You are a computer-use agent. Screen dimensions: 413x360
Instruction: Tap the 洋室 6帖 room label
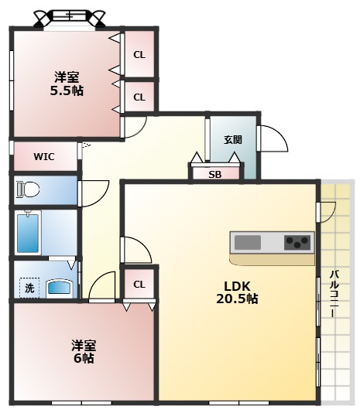coord(84,351)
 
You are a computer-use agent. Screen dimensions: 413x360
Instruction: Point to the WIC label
coord(43,155)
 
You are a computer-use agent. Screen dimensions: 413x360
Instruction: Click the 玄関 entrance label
coord(233,140)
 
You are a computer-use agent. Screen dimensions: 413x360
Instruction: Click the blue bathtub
coord(29,232)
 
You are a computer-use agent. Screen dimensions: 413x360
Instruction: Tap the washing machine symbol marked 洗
coord(29,288)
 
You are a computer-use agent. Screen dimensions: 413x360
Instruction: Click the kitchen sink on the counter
coord(248,242)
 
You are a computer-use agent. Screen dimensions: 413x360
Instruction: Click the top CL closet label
coord(139,54)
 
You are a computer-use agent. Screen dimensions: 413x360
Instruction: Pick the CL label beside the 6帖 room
coord(139,284)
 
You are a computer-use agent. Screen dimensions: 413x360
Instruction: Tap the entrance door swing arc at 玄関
coord(273,139)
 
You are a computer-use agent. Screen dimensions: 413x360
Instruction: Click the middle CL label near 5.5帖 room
coord(139,97)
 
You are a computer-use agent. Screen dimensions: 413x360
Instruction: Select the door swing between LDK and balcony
coord(327,210)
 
